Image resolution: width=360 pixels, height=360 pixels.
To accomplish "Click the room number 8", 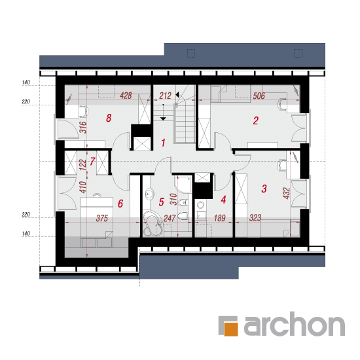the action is point(109,118).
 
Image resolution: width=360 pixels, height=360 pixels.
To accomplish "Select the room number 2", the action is point(255,120).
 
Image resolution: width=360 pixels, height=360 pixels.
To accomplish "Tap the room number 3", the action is point(264,189).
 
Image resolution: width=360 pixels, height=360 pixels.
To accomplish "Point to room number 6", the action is point(120,204).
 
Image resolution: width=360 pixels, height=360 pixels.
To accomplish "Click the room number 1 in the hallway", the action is point(163,143).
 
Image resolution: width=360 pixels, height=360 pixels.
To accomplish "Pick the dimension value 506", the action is point(259,96).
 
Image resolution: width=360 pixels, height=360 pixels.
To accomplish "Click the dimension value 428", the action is point(126,96).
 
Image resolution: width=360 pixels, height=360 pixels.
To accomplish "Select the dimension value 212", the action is point(166,96).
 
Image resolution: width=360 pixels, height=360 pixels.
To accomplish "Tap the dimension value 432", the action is point(286,193).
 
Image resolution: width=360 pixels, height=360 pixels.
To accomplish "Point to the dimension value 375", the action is point(102,218).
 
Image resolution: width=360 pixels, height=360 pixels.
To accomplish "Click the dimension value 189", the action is point(220,218).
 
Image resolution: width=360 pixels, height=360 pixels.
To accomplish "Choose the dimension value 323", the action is point(255,218).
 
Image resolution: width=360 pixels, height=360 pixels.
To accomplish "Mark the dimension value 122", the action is point(82,164).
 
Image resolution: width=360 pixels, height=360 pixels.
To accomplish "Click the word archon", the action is point(294,324).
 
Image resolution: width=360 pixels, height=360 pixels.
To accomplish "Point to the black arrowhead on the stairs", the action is point(177,94).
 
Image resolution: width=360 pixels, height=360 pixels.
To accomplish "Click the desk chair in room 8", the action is point(83,111).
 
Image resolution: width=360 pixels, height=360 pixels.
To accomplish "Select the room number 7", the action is point(92,161).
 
